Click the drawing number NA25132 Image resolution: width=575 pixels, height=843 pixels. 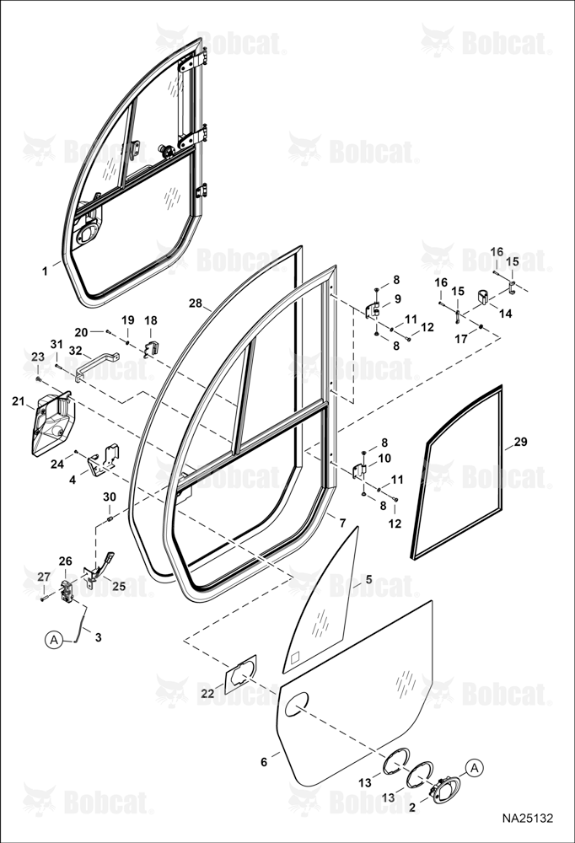(527, 819)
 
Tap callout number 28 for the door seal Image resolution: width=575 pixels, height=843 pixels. (196, 303)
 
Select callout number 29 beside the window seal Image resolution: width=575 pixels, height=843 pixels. (520, 442)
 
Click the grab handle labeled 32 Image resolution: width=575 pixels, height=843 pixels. (97, 366)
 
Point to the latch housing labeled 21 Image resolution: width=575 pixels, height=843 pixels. (53, 423)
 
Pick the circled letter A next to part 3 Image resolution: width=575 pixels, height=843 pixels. (53, 640)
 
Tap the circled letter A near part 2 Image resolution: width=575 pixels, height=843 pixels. (474, 768)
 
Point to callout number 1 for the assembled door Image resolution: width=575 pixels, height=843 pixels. (46, 271)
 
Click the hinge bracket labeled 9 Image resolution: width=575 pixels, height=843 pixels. (372, 310)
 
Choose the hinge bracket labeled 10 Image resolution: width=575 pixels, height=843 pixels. (359, 471)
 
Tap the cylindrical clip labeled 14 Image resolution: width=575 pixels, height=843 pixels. (483, 297)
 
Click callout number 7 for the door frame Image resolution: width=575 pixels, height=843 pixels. (342, 522)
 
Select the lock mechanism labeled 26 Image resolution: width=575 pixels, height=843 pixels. (66, 591)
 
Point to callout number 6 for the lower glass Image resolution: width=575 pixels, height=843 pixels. (264, 762)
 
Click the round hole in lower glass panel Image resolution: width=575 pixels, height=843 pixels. (297, 704)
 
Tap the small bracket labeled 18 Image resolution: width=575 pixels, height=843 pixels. (151, 349)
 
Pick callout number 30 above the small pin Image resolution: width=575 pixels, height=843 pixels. (110, 497)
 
